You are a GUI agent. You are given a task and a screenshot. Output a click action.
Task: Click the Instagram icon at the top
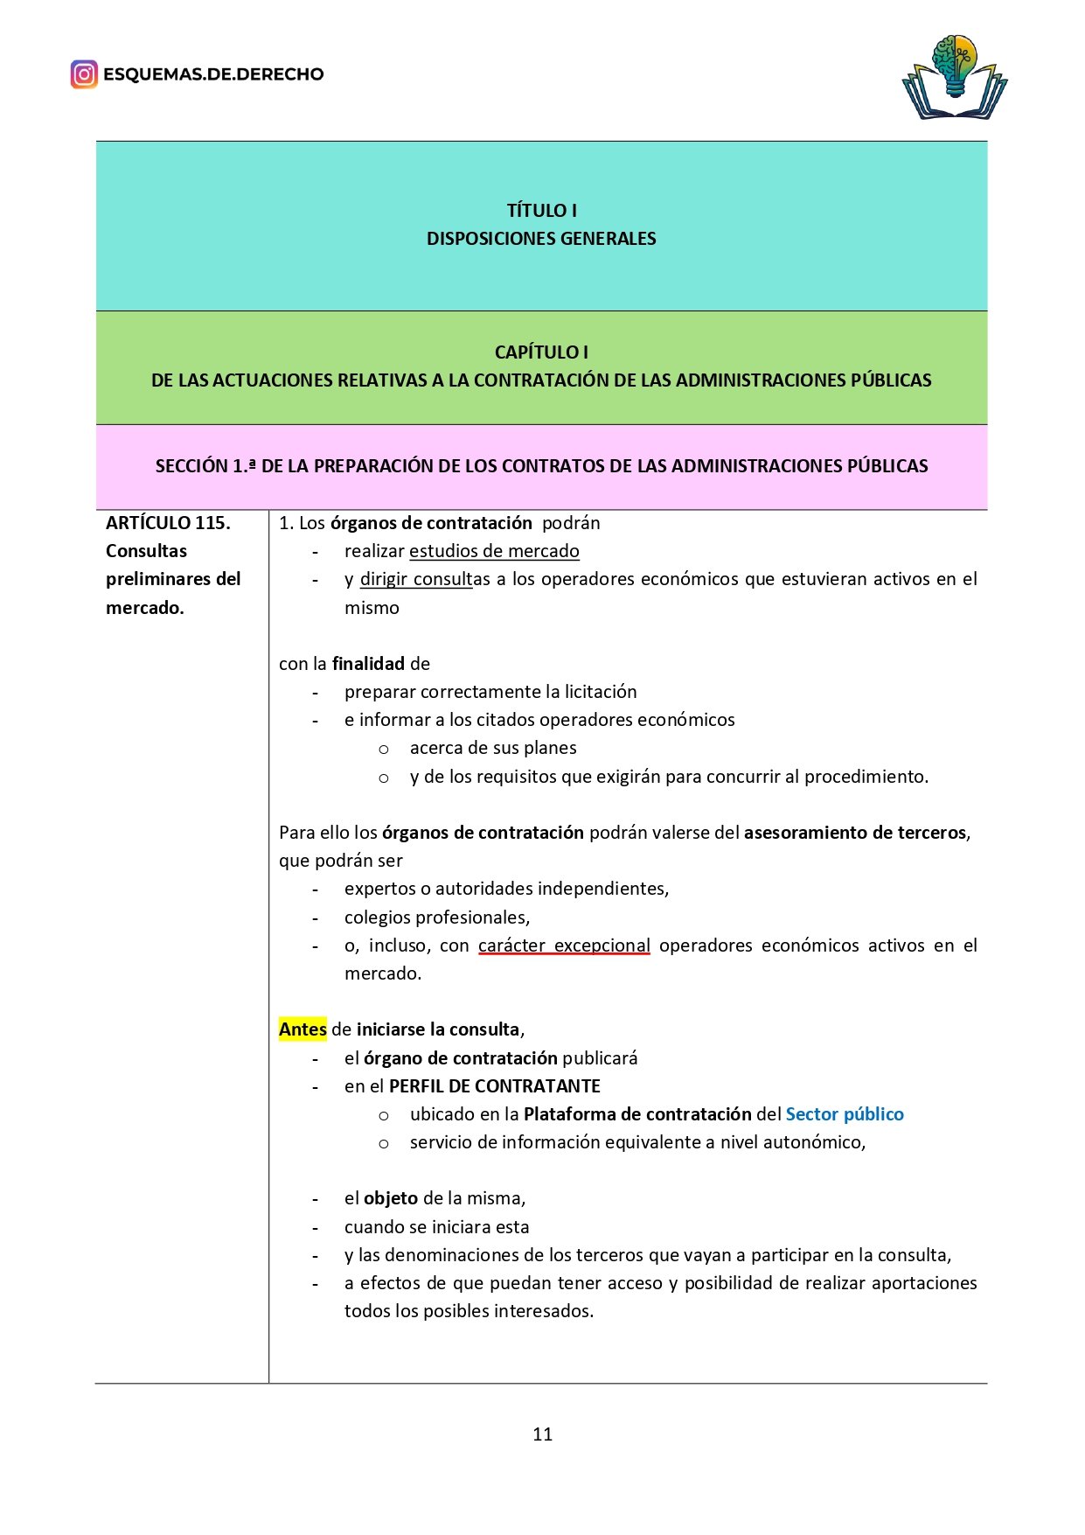[x=84, y=74]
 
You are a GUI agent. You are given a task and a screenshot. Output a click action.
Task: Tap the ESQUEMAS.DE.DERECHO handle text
[x=213, y=74]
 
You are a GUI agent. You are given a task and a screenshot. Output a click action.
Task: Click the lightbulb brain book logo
[x=954, y=77]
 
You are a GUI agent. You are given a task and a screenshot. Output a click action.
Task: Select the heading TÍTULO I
[x=541, y=211]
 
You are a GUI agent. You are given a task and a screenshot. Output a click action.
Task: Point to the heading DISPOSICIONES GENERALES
[x=541, y=239]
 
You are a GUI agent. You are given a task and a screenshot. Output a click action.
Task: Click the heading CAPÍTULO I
[x=541, y=352]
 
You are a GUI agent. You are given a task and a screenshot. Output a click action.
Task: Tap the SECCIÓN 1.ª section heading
[x=541, y=466]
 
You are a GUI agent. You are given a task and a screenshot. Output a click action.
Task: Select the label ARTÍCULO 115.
[x=168, y=523]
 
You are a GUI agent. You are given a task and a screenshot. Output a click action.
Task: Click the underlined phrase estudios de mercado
[x=494, y=551]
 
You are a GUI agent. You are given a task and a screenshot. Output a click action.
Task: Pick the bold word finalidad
[x=368, y=664]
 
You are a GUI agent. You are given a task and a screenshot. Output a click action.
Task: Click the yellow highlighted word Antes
[x=303, y=1029]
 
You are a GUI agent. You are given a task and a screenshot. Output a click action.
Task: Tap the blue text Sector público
[x=845, y=1114]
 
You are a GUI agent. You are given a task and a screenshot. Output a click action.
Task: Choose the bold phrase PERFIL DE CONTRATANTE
[x=495, y=1086]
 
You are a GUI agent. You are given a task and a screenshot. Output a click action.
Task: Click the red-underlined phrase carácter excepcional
[x=564, y=945]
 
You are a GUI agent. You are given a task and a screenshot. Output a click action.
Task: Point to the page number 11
[x=542, y=1434]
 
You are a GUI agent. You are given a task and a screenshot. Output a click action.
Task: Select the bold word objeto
[x=391, y=1198]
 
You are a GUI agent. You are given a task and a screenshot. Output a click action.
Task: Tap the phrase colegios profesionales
[x=436, y=918]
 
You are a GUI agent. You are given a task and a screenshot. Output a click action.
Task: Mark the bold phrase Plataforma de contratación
[x=637, y=1114]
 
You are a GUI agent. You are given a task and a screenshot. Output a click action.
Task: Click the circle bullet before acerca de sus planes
[x=384, y=750]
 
